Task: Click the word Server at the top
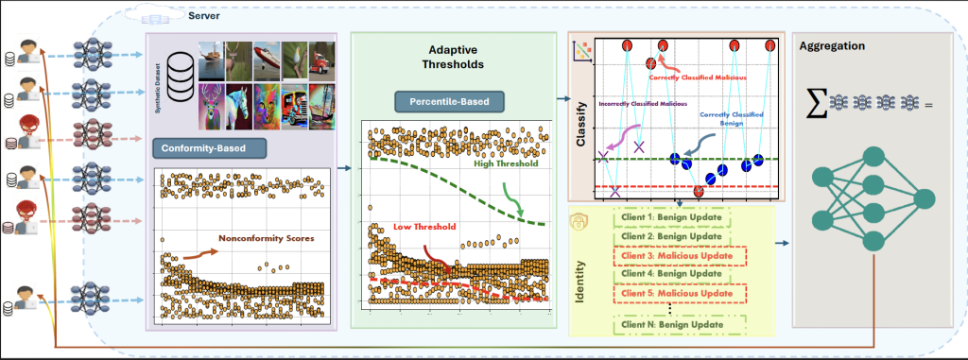pyautogui.click(x=206, y=17)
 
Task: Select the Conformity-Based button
pyautogui.click(x=210, y=148)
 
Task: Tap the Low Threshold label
pyautogui.click(x=421, y=228)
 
